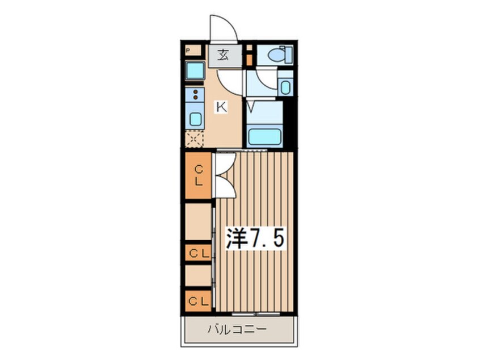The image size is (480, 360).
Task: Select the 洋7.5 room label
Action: (x=255, y=238)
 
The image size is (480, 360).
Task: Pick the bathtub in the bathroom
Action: (x=264, y=136)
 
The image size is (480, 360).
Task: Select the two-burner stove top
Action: (x=195, y=95)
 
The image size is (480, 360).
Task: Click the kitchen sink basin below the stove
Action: (x=195, y=119)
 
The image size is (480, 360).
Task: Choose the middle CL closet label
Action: (x=199, y=254)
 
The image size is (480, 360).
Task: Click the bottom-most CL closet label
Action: (x=199, y=302)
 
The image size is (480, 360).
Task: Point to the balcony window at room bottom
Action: (x=255, y=313)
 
